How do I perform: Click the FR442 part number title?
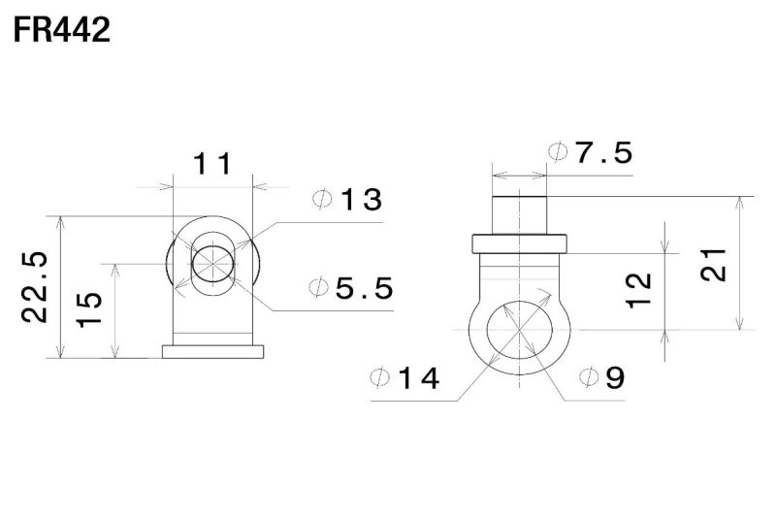coord(61,30)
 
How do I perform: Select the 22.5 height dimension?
coord(36,287)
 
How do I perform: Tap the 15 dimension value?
coord(89,309)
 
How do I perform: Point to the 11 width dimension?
coord(211,164)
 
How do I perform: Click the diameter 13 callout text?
coord(347,200)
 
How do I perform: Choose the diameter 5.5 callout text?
coord(351,288)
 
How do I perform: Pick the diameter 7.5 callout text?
coord(591,152)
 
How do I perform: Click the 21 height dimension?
coord(713,265)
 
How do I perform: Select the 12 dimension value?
coord(639,290)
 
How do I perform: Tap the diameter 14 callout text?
coord(404,378)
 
